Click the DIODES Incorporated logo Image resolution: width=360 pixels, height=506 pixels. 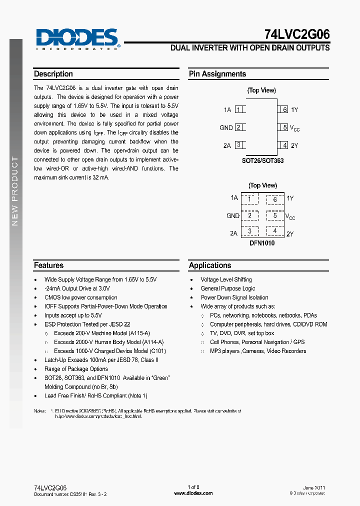point(77,38)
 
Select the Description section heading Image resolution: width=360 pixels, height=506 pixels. point(53,74)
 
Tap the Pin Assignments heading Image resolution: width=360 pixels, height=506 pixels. point(217,74)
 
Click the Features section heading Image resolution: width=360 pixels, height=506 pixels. point(48,265)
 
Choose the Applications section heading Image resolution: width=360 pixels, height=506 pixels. point(210,265)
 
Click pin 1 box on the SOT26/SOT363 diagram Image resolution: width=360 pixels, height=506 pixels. point(239,109)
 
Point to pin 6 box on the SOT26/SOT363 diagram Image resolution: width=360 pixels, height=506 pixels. point(283,109)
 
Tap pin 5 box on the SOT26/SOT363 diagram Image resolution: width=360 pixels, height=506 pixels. point(283,127)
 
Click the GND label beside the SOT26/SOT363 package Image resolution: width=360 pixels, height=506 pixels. point(226,128)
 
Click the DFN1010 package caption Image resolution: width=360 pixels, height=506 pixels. point(262,243)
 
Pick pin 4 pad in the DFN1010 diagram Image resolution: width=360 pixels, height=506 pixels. point(274,231)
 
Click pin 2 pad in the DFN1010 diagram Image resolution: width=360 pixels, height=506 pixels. point(249,216)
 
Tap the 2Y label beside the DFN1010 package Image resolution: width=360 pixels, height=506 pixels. point(290,233)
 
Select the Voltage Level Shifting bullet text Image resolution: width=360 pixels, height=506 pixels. point(226,279)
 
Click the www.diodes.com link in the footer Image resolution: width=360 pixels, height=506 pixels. point(193,493)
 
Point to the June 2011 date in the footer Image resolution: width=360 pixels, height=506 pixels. point(314,487)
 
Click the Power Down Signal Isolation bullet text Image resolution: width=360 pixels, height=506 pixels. point(234,297)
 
